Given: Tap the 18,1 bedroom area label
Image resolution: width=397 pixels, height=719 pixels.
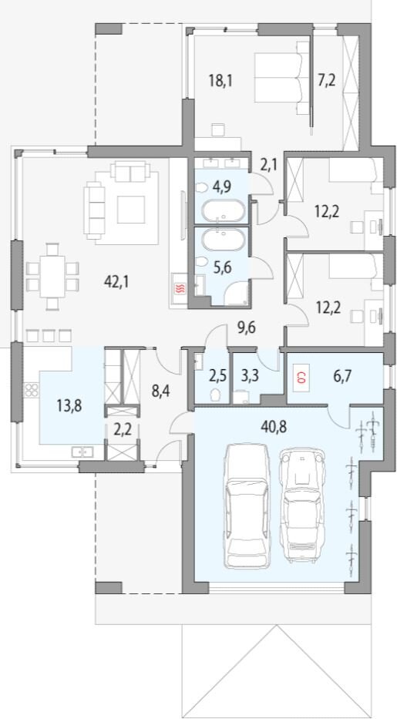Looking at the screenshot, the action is pos(220,81).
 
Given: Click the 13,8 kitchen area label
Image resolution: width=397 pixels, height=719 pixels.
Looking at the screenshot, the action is pos(69,406).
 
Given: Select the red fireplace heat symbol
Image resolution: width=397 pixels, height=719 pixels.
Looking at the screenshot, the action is pos(180,289).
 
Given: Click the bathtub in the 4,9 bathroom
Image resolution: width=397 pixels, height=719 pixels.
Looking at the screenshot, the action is pos(224,213).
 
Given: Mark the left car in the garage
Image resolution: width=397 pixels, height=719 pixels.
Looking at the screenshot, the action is pos(246,506).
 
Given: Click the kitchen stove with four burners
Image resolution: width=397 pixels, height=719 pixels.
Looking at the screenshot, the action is pos(31,390).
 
